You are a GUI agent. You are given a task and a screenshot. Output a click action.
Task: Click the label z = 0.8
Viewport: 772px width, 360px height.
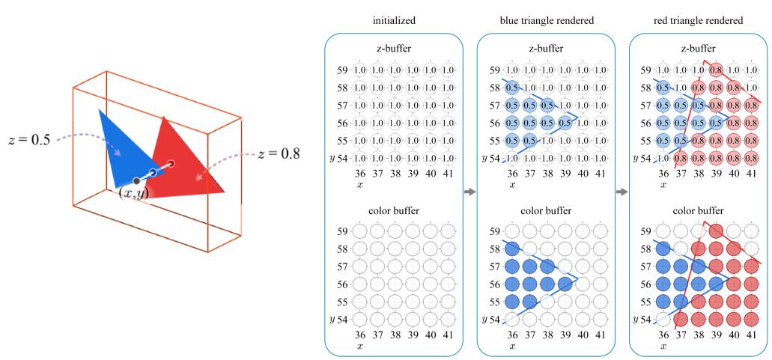(x=279, y=155)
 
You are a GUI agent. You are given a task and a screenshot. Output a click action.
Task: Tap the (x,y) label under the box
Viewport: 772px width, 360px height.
(x=134, y=193)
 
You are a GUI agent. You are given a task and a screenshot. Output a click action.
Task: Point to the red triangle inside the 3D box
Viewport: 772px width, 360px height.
(x=187, y=161)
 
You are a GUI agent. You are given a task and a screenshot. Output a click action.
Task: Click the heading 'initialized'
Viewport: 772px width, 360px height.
(x=394, y=20)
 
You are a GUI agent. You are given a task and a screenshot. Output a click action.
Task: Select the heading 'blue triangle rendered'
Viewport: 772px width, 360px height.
(x=547, y=20)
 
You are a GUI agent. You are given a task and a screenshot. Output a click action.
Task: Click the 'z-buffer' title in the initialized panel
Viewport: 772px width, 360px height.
(x=395, y=49)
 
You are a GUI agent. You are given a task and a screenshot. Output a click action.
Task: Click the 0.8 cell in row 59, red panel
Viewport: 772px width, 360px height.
(x=715, y=70)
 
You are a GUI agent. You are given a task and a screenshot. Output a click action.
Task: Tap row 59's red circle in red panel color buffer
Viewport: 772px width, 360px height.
(x=715, y=231)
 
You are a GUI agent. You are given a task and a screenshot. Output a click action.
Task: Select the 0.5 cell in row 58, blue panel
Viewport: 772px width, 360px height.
(x=512, y=88)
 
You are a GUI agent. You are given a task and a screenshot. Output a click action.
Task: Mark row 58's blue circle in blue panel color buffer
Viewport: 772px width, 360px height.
(x=512, y=248)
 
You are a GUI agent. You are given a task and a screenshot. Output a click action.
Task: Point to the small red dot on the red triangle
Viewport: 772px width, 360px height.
(x=171, y=163)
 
